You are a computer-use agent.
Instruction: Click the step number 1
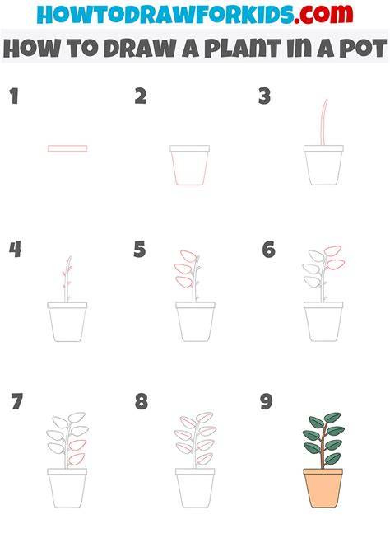point(14,96)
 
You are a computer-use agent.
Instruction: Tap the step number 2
point(141,96)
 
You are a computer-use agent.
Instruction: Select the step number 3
point(264,96)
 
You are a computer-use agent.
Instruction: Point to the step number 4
point(15,250)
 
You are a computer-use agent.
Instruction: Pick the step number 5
point(140,250)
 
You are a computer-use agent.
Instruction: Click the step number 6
point(269,250)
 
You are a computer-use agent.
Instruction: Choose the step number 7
point(17,401)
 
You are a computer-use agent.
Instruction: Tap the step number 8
point(141,401)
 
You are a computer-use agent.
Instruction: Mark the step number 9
point(266,401)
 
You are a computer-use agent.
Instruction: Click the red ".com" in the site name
point(324,14)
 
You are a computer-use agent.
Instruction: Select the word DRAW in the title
point(141,49)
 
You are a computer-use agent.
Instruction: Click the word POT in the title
point(363,49)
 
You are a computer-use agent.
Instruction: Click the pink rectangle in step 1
point(67,148)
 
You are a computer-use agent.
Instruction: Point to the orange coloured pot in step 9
point(323,488)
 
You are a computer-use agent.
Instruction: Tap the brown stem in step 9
point(323,446)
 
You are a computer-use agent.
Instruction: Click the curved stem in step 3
point(323,122)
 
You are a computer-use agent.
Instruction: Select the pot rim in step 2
point(189,148)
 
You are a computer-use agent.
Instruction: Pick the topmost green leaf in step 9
point(332,418)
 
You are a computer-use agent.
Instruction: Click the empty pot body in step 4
point(67,325)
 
